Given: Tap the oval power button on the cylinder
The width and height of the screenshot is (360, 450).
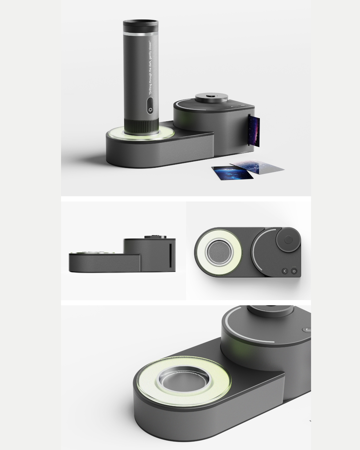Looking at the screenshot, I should (x=150, y=105).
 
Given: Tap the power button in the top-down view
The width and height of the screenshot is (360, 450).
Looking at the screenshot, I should (x=294, y=271).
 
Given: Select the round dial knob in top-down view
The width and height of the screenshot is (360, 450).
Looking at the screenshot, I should (x=288, y=240).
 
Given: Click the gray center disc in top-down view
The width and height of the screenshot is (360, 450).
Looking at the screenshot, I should (x=220, y=252).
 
